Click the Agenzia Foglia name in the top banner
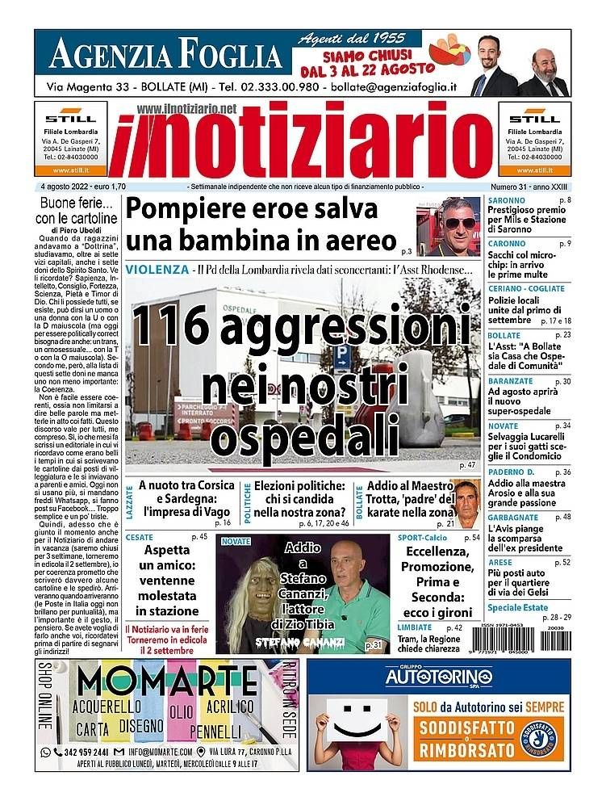click(165, 55)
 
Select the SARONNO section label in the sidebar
click(507, 200)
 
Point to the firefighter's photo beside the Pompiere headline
click(449, 227)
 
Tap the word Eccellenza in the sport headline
click(437, 552)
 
